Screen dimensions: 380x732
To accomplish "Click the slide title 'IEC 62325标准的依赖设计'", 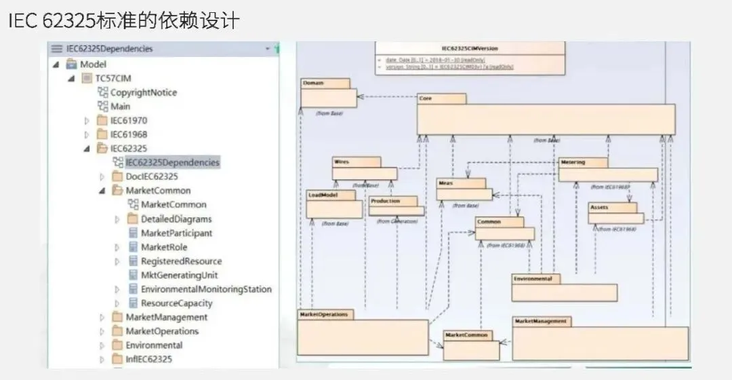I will pos(123,20).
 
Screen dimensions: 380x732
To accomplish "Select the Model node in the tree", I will pos(93,64).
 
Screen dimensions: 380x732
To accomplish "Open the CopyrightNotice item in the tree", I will pos(143,92).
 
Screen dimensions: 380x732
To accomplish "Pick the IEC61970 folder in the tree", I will pos(128,120).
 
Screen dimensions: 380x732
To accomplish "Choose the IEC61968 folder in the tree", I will pos(128,134).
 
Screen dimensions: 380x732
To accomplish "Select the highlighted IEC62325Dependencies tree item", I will pos(172,162).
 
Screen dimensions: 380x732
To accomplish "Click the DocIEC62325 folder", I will pos(151,176).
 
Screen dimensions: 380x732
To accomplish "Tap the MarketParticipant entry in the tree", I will pos(176,233).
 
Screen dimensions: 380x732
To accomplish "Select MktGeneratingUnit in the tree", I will pos(179,275).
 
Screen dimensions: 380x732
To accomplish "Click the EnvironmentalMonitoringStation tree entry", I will pos(206,289).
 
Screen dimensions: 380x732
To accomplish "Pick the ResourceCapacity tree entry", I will pos(176,303).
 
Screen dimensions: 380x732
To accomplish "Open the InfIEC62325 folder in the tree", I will pos(148,359).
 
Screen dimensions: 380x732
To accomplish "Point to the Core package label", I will pos(426,98).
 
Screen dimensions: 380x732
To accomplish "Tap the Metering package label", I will pos(573,163).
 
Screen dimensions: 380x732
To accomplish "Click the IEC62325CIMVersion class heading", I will pos(470,49).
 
